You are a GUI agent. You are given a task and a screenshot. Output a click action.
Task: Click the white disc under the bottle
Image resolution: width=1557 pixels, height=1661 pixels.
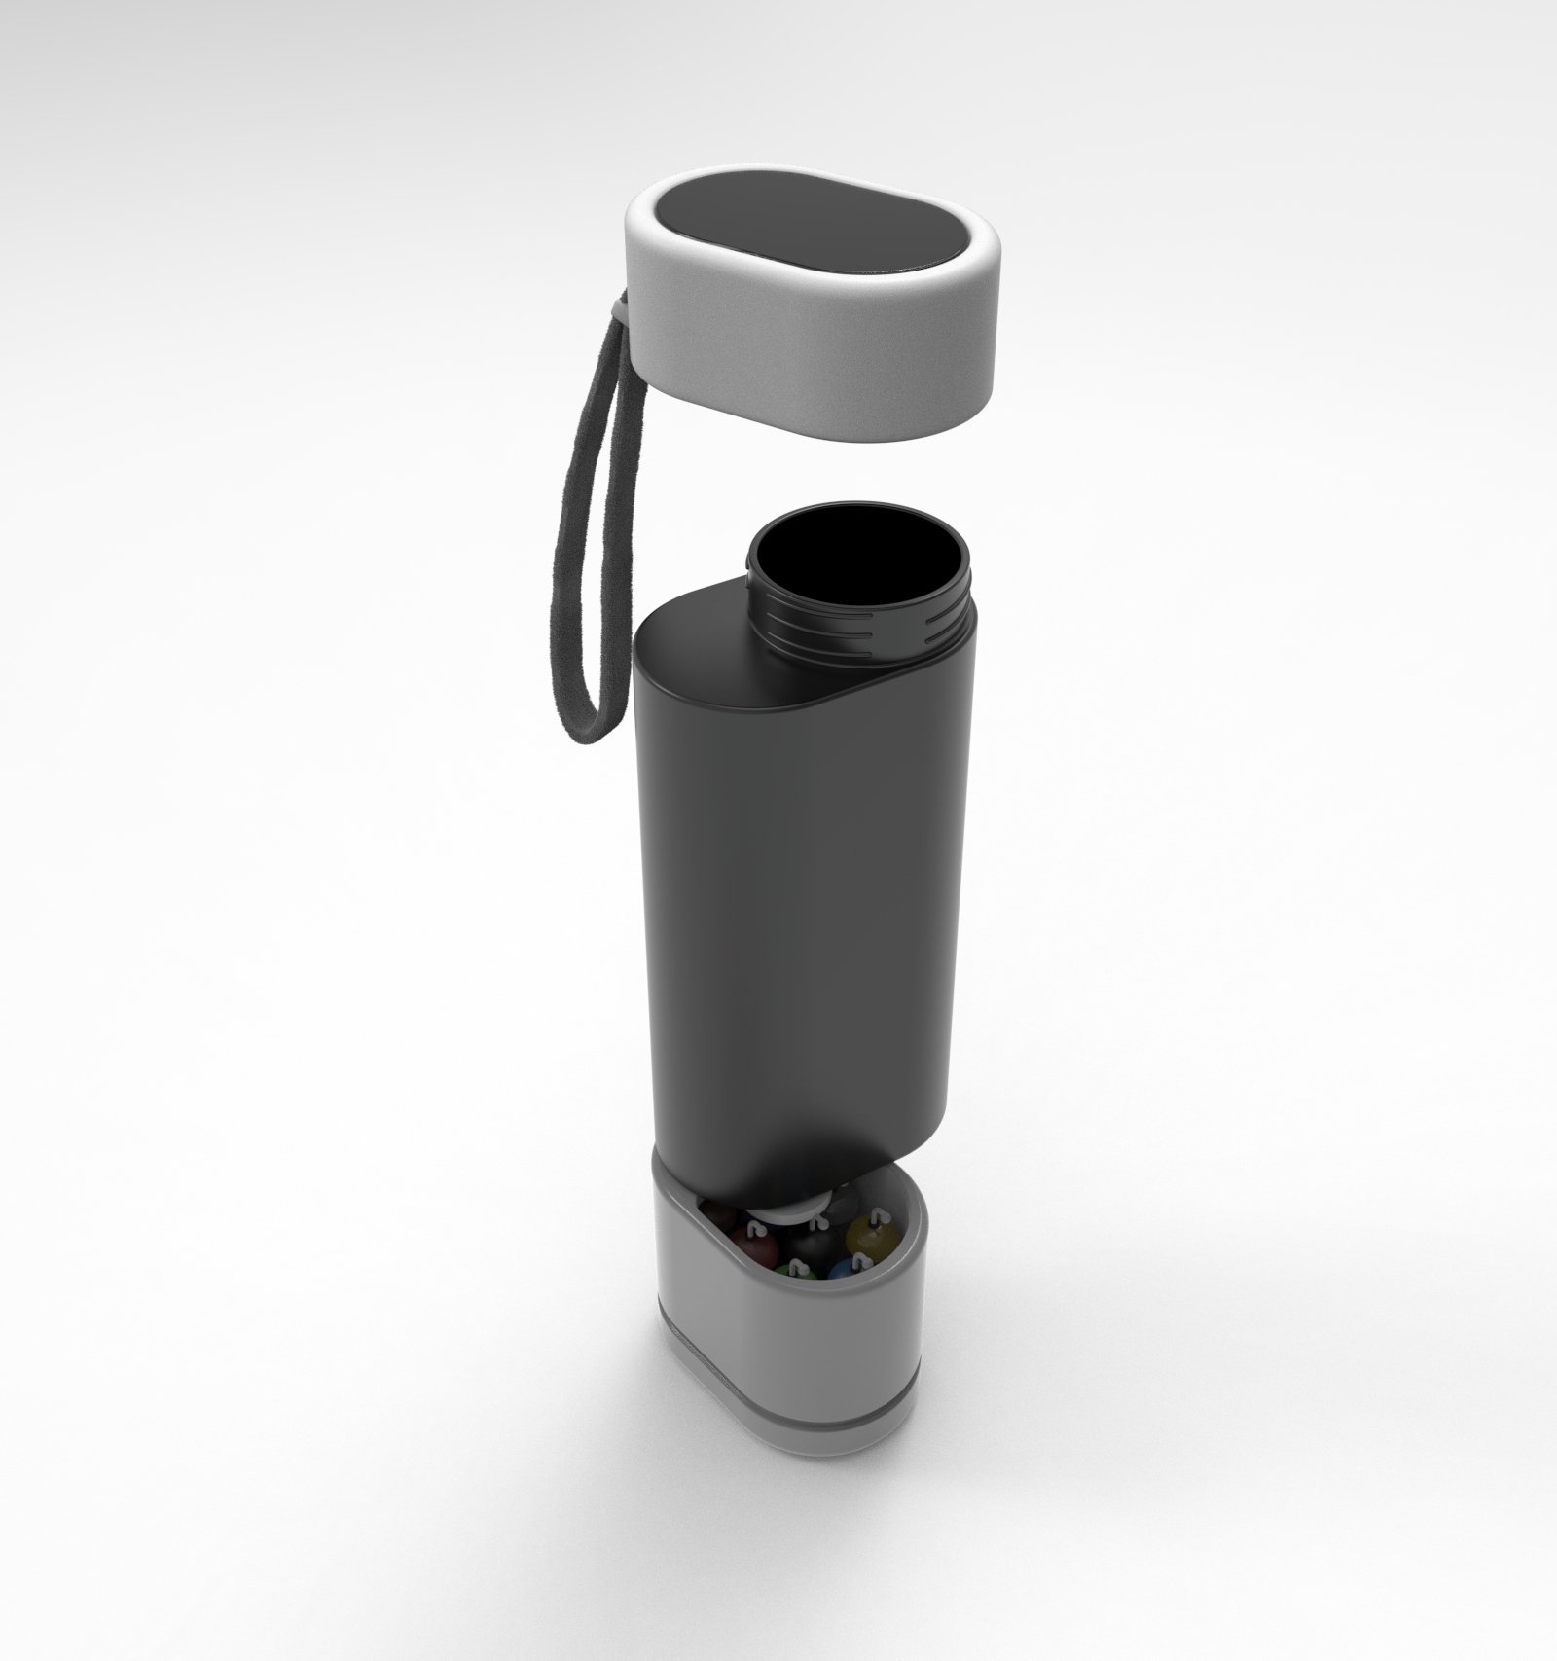790,1212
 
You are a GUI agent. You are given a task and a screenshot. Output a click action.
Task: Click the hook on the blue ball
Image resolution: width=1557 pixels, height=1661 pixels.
856,1257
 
